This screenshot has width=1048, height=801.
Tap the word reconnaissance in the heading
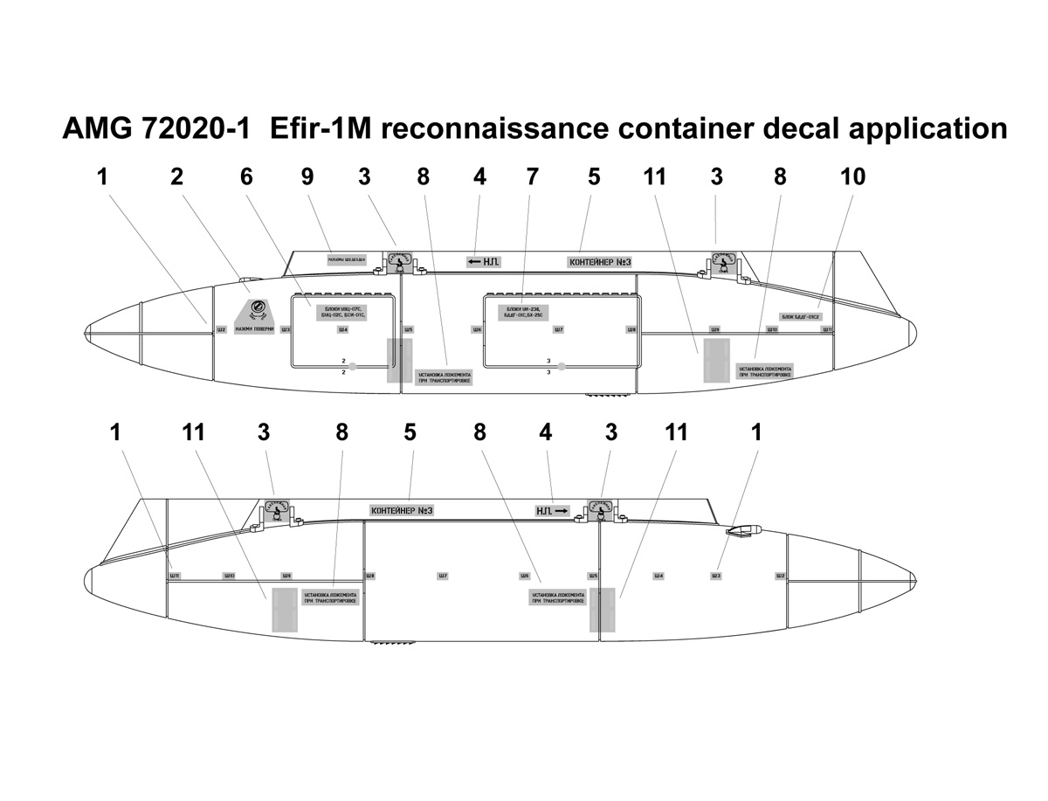click(494, 128)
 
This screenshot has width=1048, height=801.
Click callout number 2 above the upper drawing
click(177, 176)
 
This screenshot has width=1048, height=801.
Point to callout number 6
click(247, 176)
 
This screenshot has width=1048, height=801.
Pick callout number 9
click(307, 176)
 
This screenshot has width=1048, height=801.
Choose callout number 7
click(533, 176)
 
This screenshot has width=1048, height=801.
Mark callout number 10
click(853, 176)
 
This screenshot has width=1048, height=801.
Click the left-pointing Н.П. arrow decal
click(483, 261)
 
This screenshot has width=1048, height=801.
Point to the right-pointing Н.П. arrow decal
click(552, 510)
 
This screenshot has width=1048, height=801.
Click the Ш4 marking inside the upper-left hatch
click(342, 329)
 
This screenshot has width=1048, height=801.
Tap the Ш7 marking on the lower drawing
click(444, 577)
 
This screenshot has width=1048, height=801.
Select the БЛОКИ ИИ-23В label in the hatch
click(523, 311)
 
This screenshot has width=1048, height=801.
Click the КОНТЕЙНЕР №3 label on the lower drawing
click(402, 511)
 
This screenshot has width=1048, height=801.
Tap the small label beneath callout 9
click(347, 259)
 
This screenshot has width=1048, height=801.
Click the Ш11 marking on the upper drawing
click(827, 329)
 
